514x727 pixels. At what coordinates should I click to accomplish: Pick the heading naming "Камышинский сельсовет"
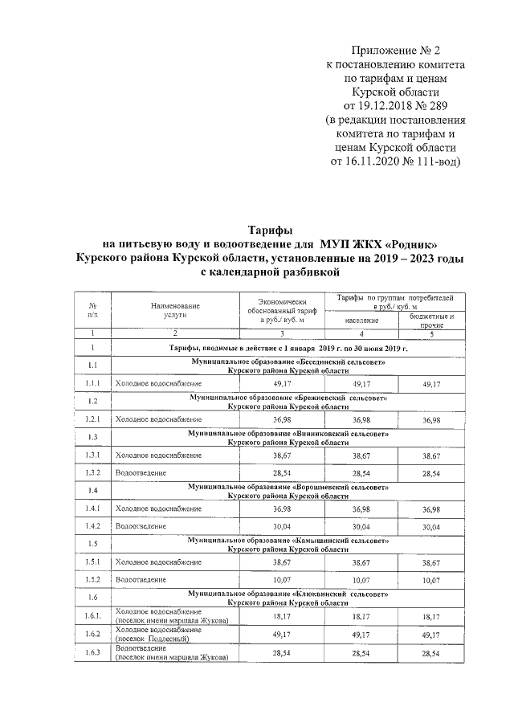[288, 543]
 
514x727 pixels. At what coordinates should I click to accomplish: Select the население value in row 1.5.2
[362, 579]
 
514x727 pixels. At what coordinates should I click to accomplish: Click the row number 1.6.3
[93, 653]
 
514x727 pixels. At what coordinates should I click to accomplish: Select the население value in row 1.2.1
[362, 420]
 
